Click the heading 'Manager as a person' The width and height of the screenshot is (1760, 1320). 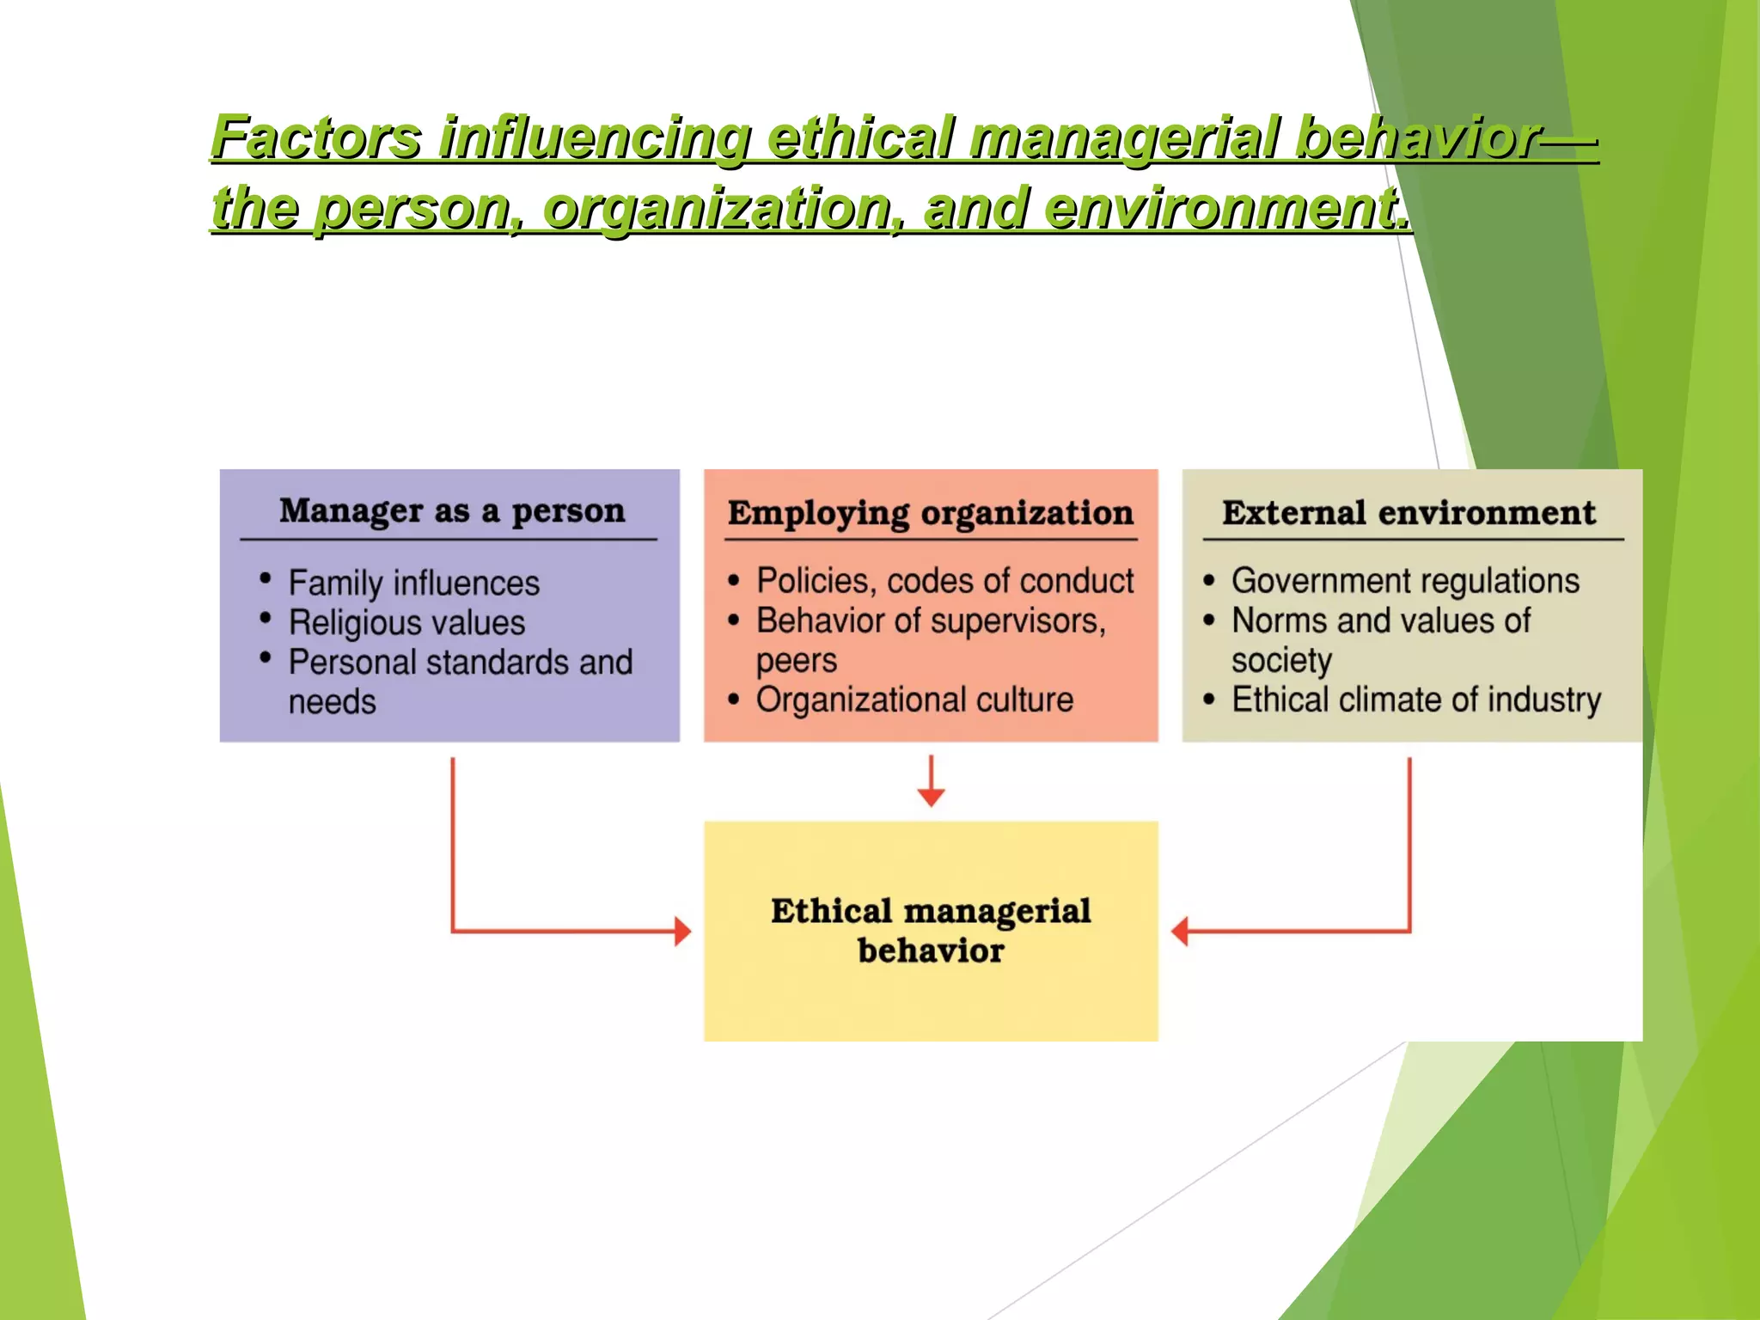pos(452,511)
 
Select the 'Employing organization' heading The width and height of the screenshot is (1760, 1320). pos(931,513)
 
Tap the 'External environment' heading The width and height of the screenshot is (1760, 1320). pos(1409,513)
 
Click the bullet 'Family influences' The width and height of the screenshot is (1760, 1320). pos(413,584)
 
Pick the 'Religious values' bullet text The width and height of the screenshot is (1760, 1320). pos(406,623)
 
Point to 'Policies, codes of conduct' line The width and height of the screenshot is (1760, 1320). pos(944,582)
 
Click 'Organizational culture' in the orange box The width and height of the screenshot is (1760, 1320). pos(914,700)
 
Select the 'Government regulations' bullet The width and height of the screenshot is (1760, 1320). pos(1405,582)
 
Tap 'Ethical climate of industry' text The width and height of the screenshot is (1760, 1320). pos(1416,700)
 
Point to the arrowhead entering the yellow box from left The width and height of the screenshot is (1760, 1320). pos(683,932)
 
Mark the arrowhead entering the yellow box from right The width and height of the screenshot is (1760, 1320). pos(1180,932)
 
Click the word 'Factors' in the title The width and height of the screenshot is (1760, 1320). pos(317,137)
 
